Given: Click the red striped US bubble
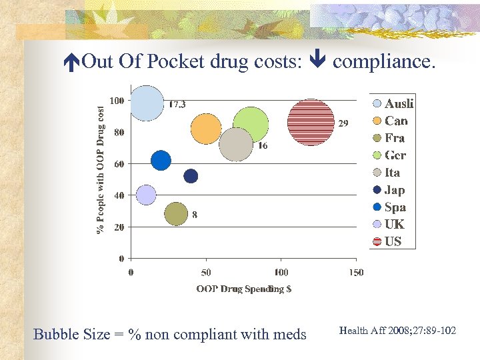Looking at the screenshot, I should tap(311, 122).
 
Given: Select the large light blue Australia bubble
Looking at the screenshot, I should tap(147, 103).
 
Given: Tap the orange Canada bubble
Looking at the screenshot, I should tap(206, 129).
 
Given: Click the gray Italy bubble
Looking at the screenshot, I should tap(236, 145).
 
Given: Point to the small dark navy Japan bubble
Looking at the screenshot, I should tap(191, 176).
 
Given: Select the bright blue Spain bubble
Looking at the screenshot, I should tap(161, 161).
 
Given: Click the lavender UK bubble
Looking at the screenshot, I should tap(145, 195).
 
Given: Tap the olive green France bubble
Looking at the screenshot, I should tap(176, 213).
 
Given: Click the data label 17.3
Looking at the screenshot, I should tap(177, 105).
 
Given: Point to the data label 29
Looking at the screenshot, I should tap(343, 123).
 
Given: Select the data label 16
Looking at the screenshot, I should tap(263, 146).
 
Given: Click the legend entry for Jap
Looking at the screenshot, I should tap(393, 190).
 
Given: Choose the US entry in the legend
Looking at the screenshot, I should tap(392, 241).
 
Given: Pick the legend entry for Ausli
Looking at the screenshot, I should tap(397, 103).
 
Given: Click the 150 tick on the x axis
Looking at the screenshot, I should tap(356, 272).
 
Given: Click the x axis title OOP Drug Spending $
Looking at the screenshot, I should tap(243, 289).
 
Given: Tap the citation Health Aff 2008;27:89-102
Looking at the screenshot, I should tap(397, 330).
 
